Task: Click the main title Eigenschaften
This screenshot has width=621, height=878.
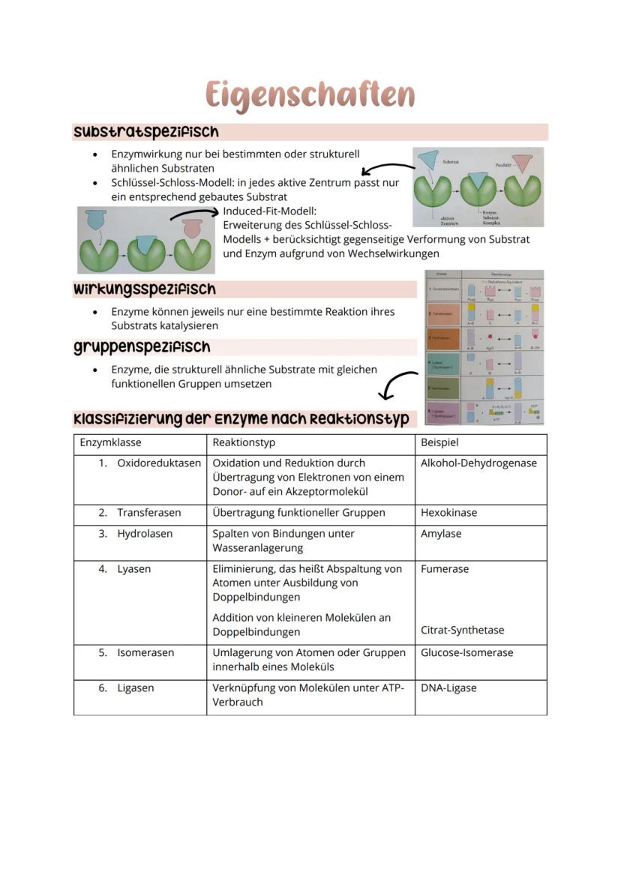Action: click(310, 96)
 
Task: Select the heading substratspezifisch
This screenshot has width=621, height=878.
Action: click(146, 132)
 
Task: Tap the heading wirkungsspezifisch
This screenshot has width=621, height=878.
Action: click(144, 289)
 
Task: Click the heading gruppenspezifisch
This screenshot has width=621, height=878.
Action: click(142, 347)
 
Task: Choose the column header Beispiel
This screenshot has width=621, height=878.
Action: click(439, 442)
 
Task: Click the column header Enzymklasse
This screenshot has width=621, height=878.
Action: click(110, 442)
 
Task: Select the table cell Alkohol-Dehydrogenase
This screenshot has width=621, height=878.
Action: click(478, 463)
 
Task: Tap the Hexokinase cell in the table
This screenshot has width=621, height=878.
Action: click(448, 513)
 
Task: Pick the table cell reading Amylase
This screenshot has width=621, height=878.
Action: click(441, 534)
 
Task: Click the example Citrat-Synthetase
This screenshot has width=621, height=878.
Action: click(462, 630)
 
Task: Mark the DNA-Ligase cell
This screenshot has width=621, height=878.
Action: click(448, 688)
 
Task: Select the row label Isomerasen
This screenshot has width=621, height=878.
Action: click(145, 652)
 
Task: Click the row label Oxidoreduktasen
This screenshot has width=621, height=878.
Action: click(158, 463)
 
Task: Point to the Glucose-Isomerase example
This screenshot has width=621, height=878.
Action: click(466, 652)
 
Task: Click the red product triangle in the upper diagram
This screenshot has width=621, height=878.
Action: click(523, 162)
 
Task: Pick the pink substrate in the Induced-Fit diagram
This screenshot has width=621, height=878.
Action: click(191, 226)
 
